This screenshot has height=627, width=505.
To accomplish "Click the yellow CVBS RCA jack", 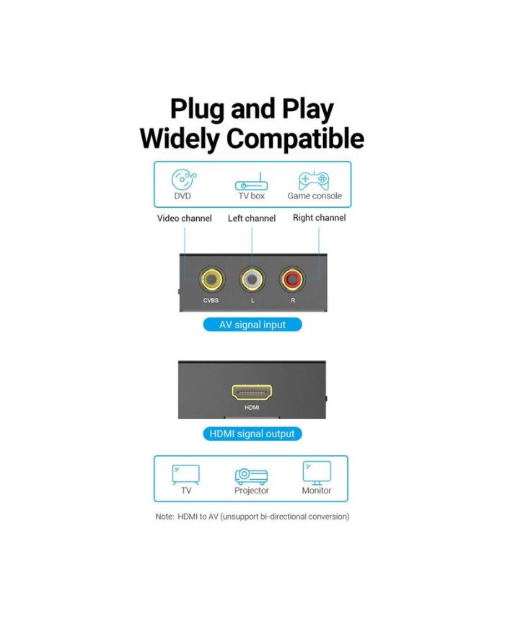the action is (211, 279).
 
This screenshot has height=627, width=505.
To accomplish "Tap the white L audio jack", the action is (252, 279).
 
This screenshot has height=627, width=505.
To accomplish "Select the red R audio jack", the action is (292, 279).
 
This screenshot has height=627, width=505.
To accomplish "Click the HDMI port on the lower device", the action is (252, 393).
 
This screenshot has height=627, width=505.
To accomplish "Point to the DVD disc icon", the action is (184, 179).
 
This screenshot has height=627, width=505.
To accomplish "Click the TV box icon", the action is (251, 182).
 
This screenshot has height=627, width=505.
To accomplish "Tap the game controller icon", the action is (314, 180).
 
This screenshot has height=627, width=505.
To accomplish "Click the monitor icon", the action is (317, 473).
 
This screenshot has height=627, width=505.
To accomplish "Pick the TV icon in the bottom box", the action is (186, 475).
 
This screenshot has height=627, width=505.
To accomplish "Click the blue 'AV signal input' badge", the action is (252, 324).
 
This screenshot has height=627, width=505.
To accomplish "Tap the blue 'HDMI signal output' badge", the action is (252, 434).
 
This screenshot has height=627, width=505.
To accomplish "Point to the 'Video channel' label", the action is (185, 219).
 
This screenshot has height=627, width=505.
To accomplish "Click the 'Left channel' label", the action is (252, 219).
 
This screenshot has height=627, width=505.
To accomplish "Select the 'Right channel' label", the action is (319, 217).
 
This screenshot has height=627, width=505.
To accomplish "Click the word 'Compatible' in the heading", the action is (295, 139).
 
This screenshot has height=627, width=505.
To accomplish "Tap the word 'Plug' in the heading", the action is (197, 109).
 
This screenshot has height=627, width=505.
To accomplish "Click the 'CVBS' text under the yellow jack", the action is (211, 300).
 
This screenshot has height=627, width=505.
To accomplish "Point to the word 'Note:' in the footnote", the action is (164, 516).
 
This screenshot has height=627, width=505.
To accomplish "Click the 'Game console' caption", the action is (315, 196).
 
